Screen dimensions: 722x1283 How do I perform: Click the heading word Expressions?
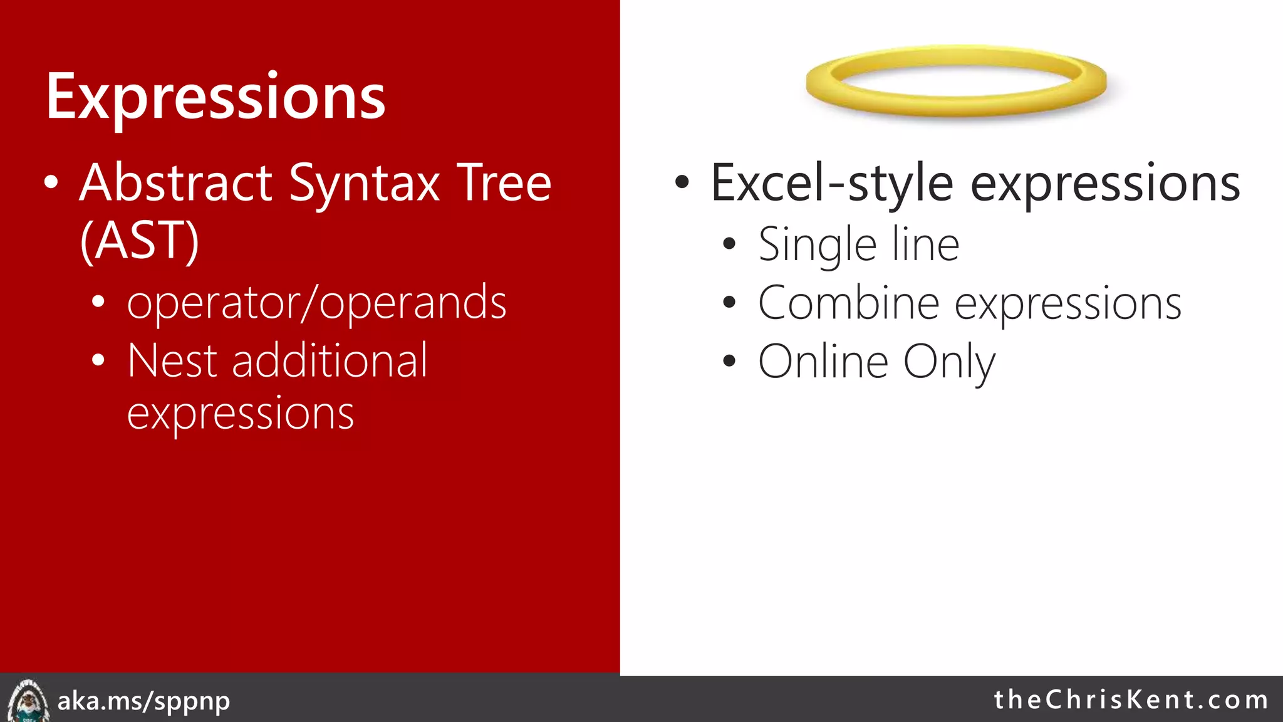click(216, 97)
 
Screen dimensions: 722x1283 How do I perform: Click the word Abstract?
click(175, 183)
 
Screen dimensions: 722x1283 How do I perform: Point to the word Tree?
click(504, 183)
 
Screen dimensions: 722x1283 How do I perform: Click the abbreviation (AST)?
click(139, 241)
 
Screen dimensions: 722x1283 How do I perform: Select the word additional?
click(330, 361)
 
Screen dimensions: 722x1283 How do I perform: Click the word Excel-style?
click(832, 183)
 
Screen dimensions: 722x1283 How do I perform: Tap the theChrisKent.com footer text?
click(1131, 699)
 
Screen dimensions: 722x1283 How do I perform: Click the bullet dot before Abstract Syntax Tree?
click(51, 183)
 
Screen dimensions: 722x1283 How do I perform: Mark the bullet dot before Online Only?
click(729, 361)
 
